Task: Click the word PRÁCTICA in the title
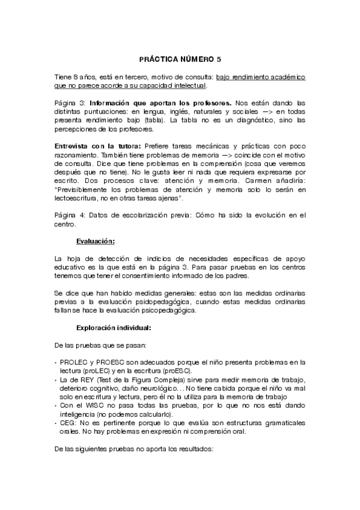pyautogui.click(x=157, y=60)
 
